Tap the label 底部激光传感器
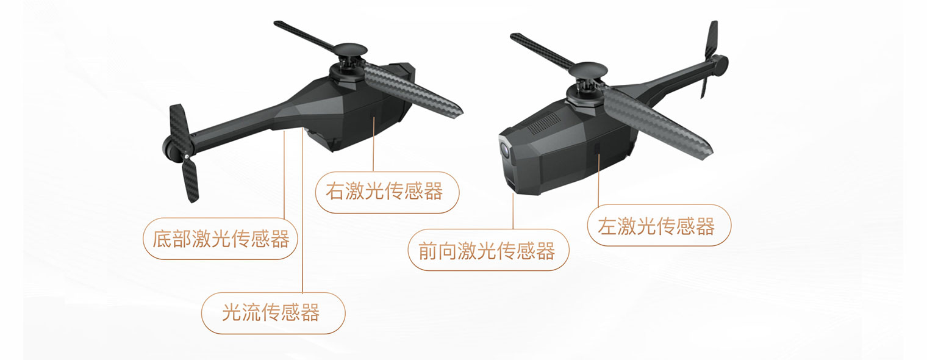click(220, 239)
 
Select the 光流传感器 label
click(273, 313)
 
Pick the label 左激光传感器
click(659, 225)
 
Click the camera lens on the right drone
click(505, 148)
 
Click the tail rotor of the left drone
click(183, 153)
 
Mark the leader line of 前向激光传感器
click(513, 211)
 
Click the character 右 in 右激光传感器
click(335, 192)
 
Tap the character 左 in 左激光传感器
click(607, 226)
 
